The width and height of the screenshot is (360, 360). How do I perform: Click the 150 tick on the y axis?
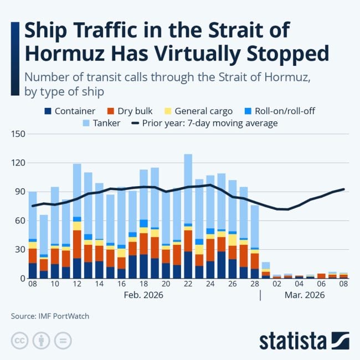point(18,134)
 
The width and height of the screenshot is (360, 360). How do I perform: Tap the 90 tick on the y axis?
point(20,192)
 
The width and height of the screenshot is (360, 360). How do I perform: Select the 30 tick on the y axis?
point(20,249)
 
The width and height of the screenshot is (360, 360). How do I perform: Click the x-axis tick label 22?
point(188,284)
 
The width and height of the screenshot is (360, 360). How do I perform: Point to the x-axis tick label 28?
point(254,284)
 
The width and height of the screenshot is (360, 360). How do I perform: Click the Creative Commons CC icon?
point(19,340)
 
